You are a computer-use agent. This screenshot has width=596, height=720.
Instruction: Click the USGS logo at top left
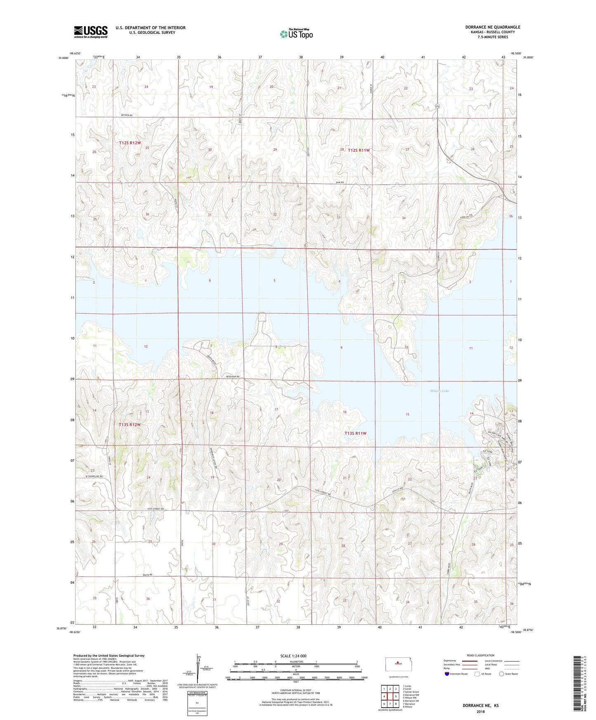click(91, 32)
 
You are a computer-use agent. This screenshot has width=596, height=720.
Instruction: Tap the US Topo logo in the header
click(296, 34)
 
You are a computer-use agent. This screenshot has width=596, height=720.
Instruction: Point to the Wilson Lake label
click(439, 391)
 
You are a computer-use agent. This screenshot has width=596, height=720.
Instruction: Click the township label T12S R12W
click(130, 143)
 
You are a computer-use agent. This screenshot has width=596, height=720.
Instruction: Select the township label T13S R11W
click(355, 433)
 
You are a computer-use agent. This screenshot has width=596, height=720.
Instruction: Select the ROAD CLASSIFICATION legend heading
click(480, 655)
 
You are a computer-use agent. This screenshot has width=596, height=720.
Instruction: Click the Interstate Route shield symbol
click(448, 674)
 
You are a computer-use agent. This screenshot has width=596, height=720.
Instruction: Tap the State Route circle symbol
click(501, 674)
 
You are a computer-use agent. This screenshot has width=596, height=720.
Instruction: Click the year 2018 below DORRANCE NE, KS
click(481, 711)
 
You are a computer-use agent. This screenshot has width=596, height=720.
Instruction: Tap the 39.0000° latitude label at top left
click(64, 58)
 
